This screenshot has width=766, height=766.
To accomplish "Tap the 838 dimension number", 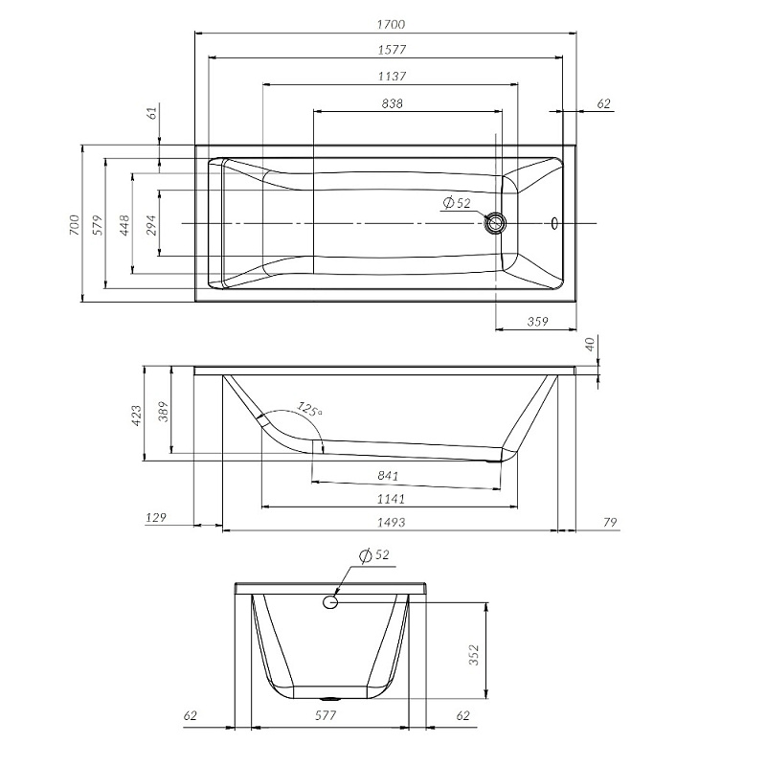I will pos(391,102).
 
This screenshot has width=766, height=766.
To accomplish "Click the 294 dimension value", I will pos(149,224).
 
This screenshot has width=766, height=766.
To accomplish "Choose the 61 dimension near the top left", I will pos(151,113).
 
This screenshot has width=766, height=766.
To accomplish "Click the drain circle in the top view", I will pos(496,224).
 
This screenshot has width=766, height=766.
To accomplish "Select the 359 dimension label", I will pos(536,323).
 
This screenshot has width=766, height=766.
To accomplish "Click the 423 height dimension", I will pos(135,415).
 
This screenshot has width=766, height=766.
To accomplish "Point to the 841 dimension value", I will pos(388,476).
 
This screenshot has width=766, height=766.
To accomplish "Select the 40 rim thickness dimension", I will pos(590,343).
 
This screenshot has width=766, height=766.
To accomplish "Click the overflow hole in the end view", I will pos(330,601).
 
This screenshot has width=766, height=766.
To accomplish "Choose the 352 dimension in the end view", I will pos(473,653).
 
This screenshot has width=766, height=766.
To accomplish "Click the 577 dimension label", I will pos(329,715).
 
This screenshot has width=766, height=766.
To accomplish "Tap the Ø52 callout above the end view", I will pos(375,555).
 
